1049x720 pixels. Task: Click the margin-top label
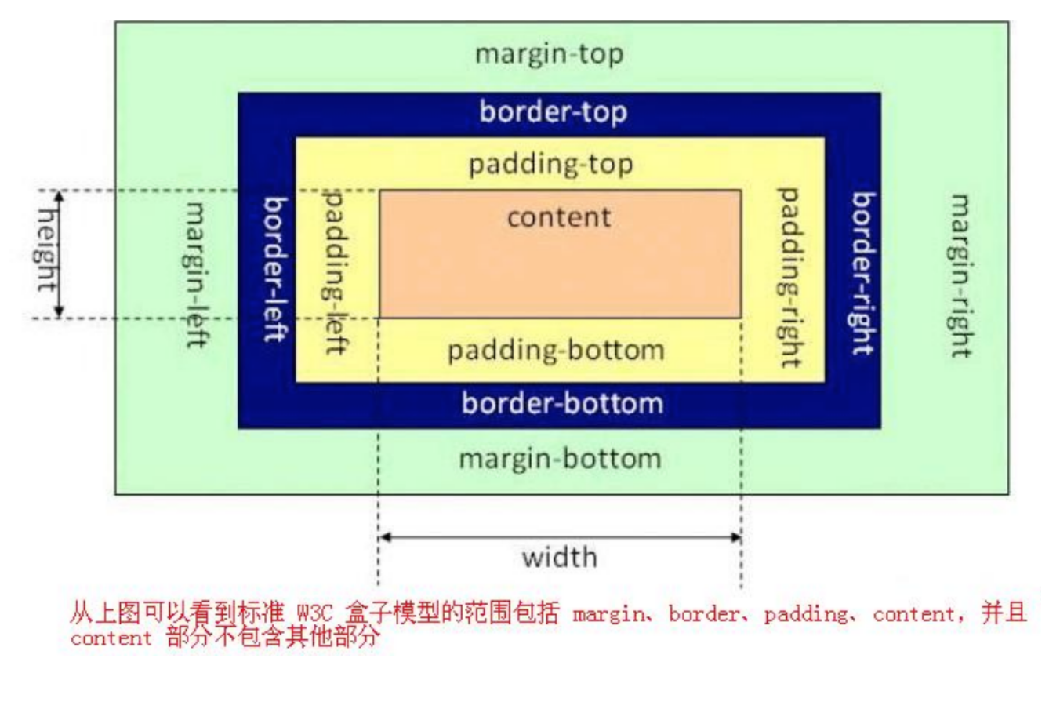[x=550, y=55]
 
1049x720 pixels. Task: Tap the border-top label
[x=553, y=112]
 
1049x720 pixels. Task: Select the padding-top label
[x=550, y=165]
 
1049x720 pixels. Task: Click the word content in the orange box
[x=559, y=217]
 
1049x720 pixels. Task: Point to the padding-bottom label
[x=557, y=351]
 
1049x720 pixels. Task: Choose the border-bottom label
[x=562, y=403]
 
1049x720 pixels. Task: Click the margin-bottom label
[x=560, y=459]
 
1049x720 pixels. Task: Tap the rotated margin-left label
[x=196, y=275]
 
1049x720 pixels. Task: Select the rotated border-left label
[x=275, y=269]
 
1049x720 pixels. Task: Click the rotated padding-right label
[x=790, y=278]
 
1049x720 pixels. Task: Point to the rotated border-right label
[x=863, y=274]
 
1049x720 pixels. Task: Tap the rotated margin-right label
[x=961, y=276]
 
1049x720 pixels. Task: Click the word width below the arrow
[x=560, y=558]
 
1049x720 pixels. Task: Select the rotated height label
[x=47, y=249]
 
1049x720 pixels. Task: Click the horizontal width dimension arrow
[x=560, y=537]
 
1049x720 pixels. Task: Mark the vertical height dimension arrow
[x=59, y=254]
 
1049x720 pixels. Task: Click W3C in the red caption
[x=315, y=613]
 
